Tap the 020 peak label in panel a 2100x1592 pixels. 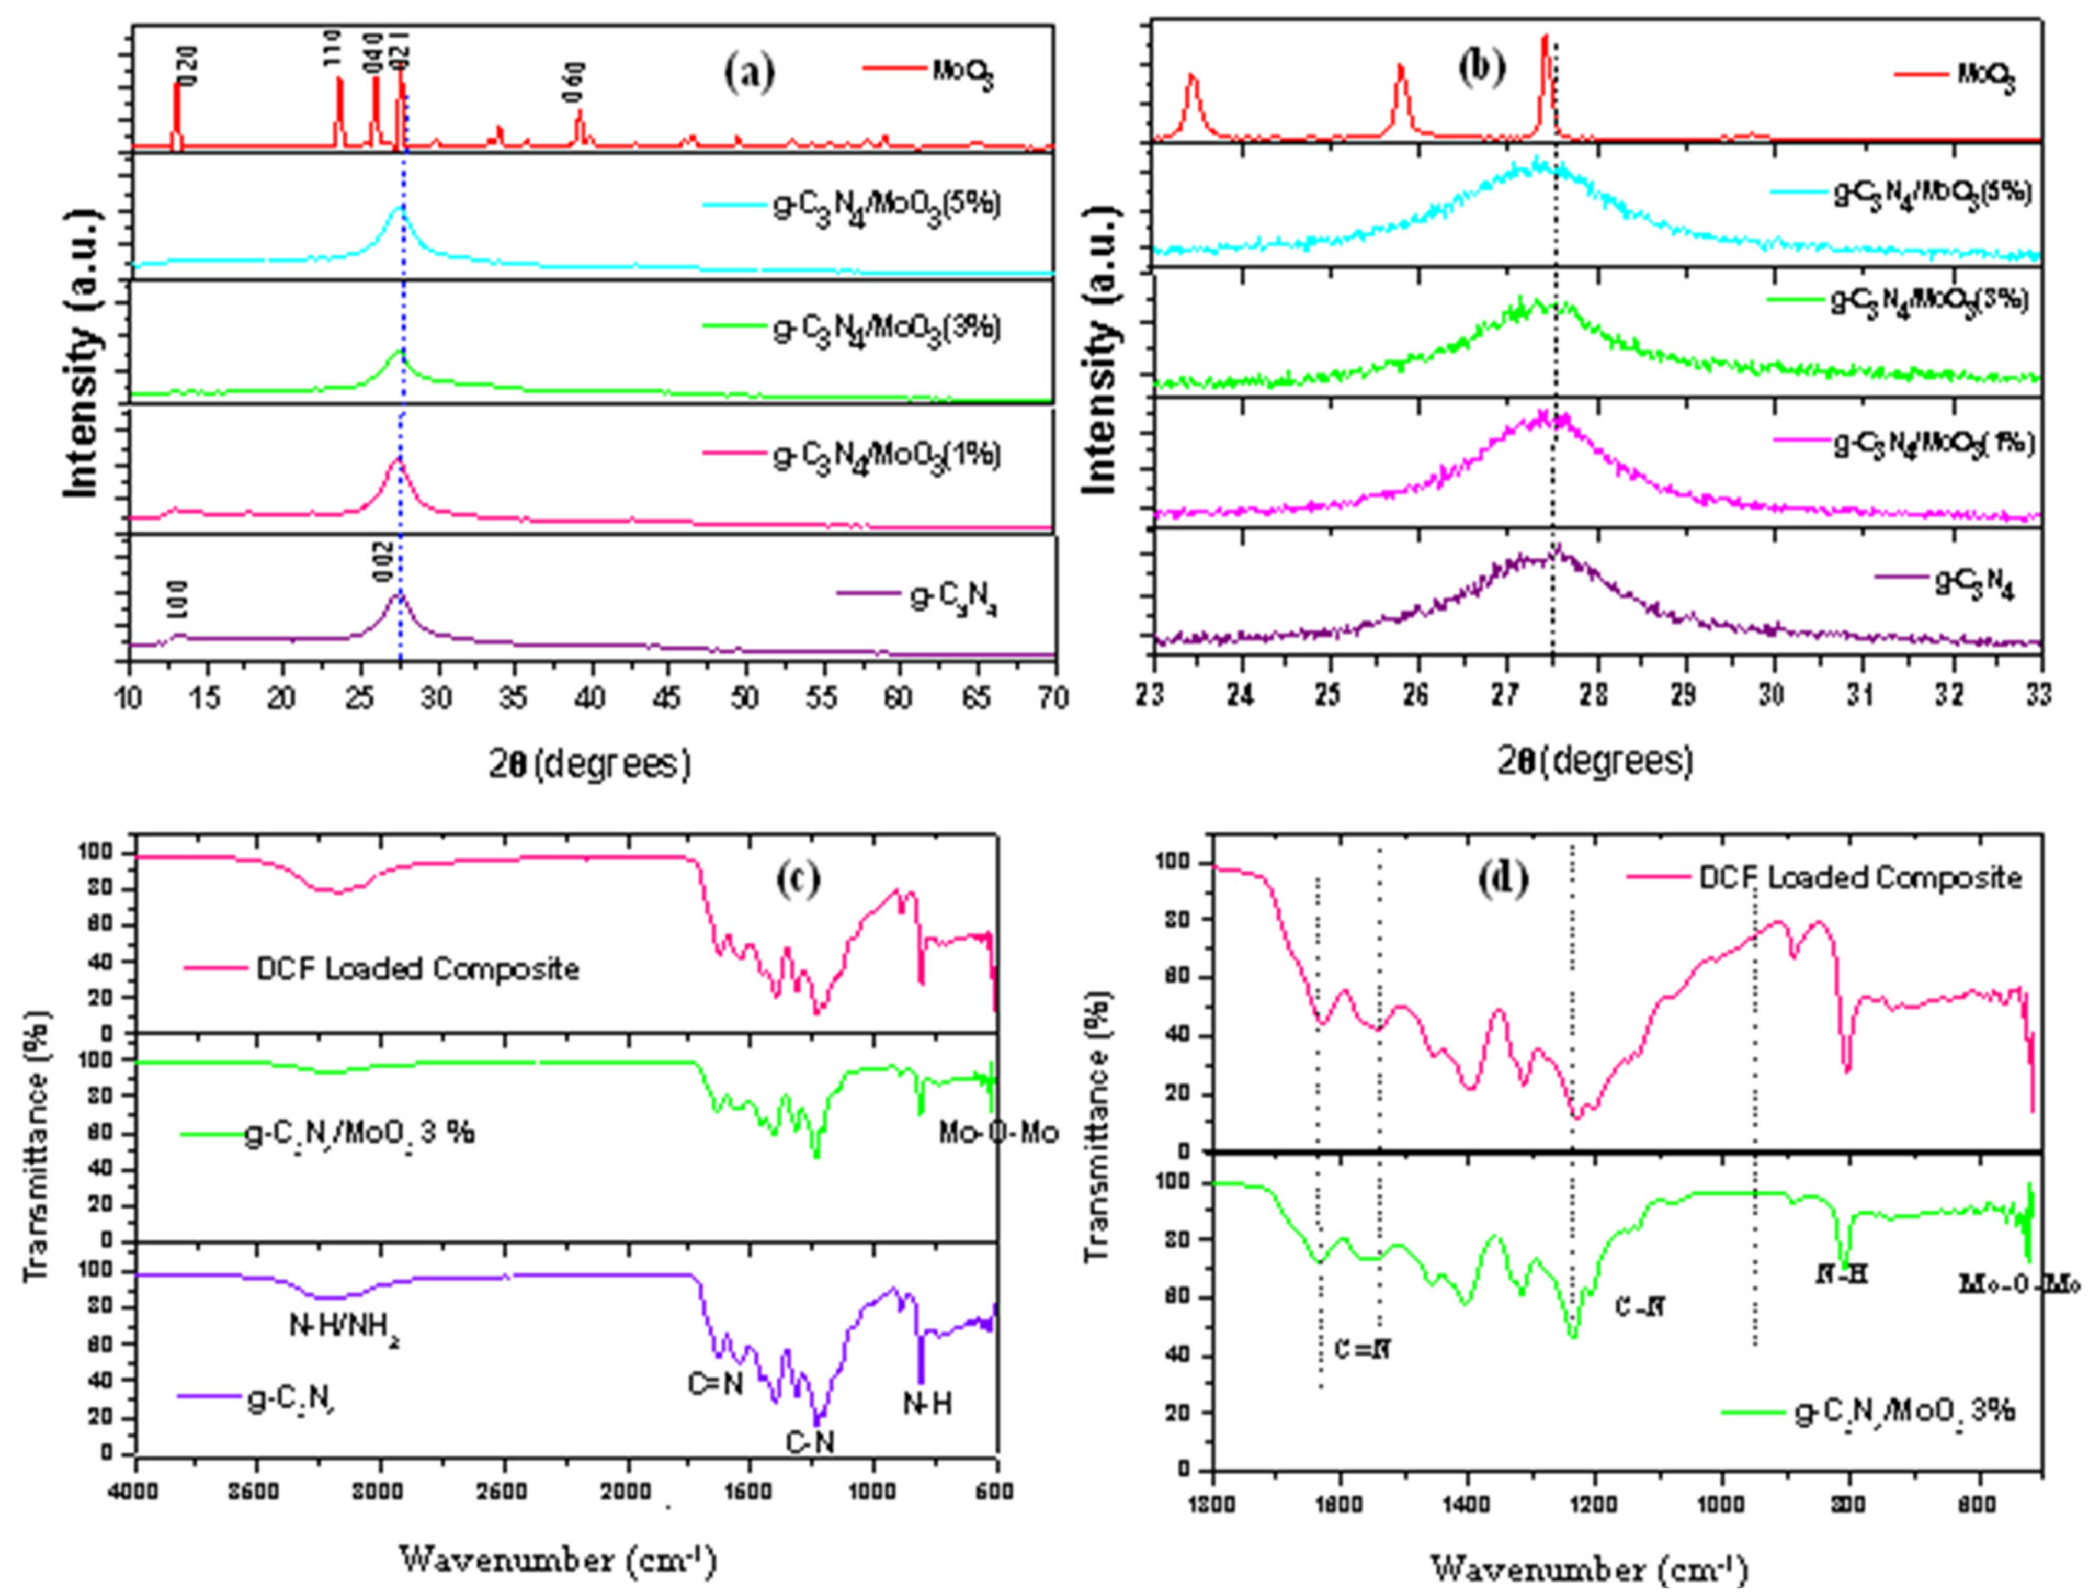coord(188,66)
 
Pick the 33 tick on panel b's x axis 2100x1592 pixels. coord(2040,695)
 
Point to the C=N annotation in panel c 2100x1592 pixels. coord(715,1384)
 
